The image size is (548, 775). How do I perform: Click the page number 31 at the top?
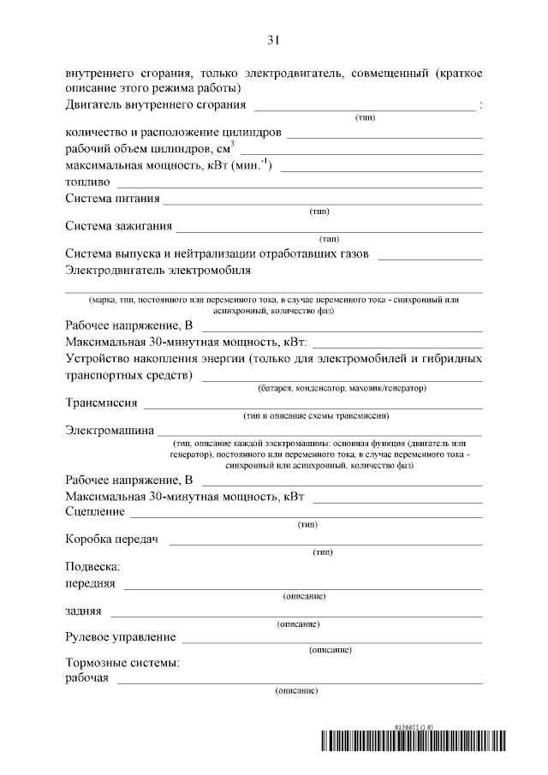pos(274,40)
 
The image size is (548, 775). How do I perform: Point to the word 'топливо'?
pos(87,182)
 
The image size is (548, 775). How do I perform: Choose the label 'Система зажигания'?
pos(119,227)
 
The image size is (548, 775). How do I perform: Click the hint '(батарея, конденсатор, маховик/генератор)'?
pos(342,389)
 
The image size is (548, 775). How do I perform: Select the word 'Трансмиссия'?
pos(101,402)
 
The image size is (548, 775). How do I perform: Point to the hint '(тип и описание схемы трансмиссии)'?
pos(317,416)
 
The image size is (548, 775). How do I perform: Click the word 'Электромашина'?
pos(110,430)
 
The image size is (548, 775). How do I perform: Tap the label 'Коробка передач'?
pos(114,540)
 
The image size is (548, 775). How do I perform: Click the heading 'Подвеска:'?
pos(93,567)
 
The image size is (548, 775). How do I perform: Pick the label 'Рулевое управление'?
pos(121,637)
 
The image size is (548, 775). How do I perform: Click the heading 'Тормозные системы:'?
pos(122,664)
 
